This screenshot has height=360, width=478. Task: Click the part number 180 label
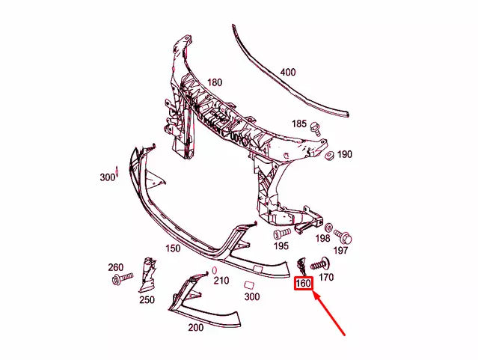215,82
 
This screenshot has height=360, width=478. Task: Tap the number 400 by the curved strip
287,73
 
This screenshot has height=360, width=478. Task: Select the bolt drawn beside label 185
316,129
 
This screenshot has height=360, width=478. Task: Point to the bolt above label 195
281,234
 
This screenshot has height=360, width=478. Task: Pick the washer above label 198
328,227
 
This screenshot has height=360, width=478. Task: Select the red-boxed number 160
303,284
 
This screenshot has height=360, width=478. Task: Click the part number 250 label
147,300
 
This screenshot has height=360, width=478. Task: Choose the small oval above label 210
214,269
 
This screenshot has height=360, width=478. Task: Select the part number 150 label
173,248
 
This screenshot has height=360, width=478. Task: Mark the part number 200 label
195,328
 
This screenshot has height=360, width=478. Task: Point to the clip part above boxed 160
301,266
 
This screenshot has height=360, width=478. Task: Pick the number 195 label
281,246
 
